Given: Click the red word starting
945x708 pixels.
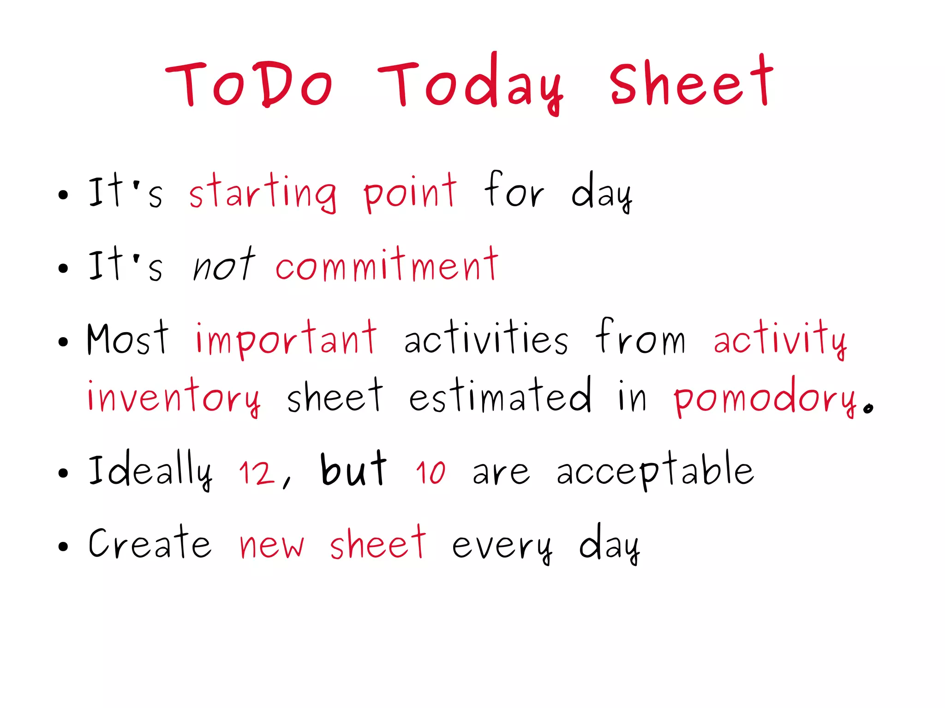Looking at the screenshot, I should (263, 193).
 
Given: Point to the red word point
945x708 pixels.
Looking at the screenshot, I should (410, 193).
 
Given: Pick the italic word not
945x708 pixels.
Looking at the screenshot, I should (224, 266).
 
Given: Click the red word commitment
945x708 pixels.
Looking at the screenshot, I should (387, 266).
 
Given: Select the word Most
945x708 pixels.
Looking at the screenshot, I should (128, 339).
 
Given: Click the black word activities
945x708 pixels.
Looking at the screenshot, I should (486, 339).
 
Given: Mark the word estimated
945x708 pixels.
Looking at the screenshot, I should (500, 396).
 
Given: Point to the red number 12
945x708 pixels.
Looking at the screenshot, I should (257, 473).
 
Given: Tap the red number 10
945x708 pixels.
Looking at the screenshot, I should (431, 473).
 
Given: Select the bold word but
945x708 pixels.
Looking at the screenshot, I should (353, 470).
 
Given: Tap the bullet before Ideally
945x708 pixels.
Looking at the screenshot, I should (63, 473).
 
